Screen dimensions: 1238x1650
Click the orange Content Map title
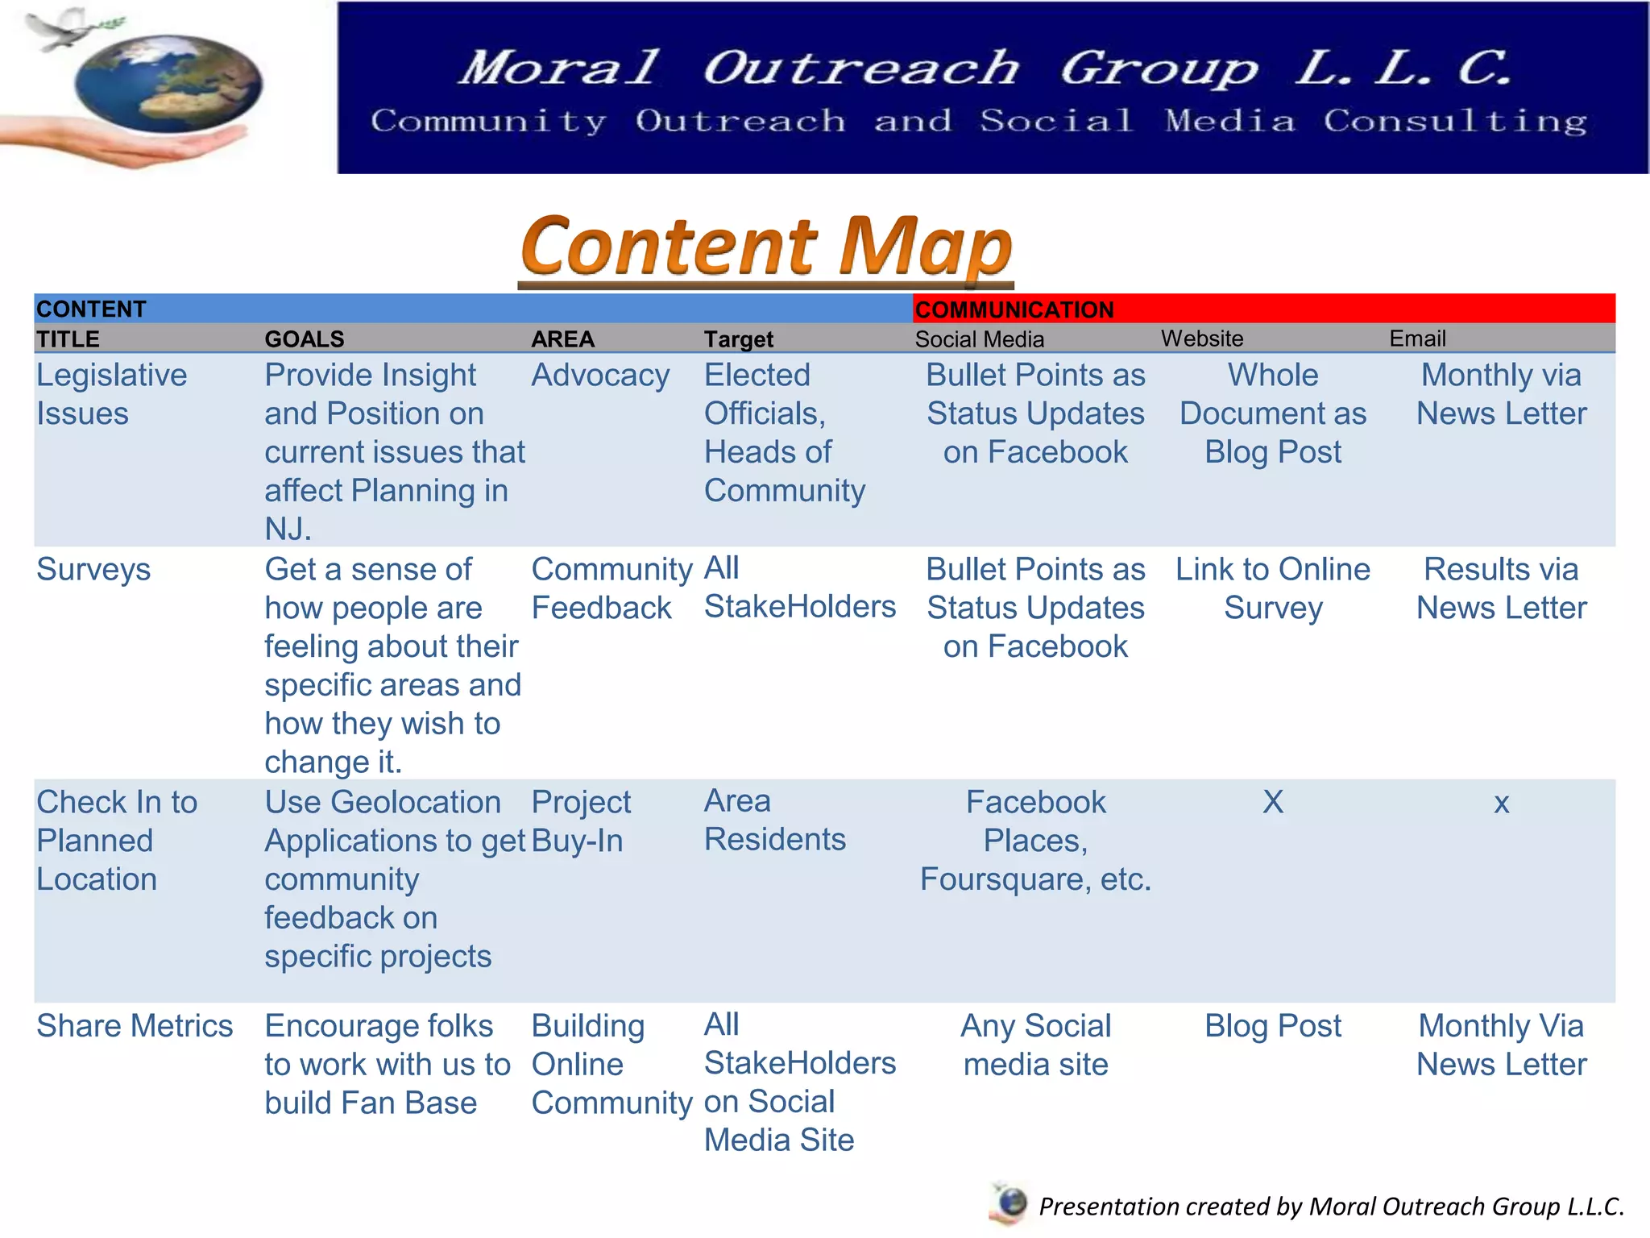[x=766, y=246]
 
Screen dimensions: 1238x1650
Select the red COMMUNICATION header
[x=1015, y=309]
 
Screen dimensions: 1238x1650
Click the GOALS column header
[x=305, y=339]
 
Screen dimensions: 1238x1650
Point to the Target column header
[x=739, y=339]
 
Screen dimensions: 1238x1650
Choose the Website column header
[x=1202, y=339]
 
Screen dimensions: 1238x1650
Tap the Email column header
[x=1417, y=339]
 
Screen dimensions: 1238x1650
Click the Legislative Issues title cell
[x=112, y=394]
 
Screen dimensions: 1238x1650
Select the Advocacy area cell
[x=600, y=376]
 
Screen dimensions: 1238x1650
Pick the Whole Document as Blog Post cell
[x=1273, y=413]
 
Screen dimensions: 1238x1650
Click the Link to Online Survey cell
[x=1273, y=588]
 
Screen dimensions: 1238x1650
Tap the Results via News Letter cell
[x=1501, y=588]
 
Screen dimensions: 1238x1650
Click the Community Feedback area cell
[x=611, y=588]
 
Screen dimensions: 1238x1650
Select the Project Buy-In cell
[x=581, y=821]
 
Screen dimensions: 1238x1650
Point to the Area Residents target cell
[x=775, y=820]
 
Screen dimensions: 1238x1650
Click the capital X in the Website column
[x=1273, y=802]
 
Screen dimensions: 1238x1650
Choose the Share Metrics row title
[x=135, y=1026]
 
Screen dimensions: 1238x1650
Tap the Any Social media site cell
[x=1036, y=1045]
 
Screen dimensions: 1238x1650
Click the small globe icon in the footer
[x=1010, y=1203]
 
